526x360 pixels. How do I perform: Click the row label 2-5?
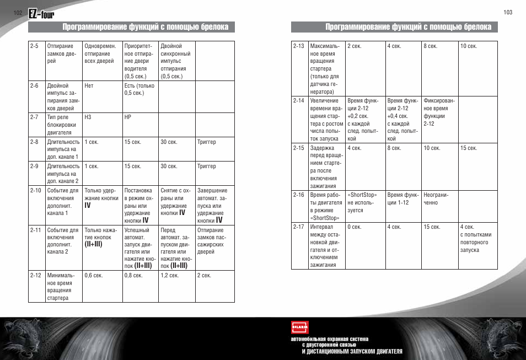tap(34, 46)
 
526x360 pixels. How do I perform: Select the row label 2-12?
tap(35, 275)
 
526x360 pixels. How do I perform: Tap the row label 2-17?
tap(298, 227)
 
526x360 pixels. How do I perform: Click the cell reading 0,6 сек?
tap(94, 275)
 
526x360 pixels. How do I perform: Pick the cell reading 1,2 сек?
tap(168, 275)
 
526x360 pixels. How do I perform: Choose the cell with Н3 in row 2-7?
tap(88, 117)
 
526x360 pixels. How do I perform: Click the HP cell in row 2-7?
tap(128, 117)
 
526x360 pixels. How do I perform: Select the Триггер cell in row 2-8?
tap(206, 142)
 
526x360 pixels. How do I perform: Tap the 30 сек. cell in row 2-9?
tap(169, 166)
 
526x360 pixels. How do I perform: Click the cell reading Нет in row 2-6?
tap(89, 85)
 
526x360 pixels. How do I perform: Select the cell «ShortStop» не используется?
tap(362, 202)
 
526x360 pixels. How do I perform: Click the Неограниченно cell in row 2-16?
tap(436, 198)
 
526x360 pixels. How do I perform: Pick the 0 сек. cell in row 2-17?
tap(354, 227)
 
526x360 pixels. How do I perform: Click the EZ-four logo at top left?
tap(41, 15)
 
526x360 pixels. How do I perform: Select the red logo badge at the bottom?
tap(299, 327)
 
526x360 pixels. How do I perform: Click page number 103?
tap(508, 12)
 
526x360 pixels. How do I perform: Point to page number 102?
tap(18, 12)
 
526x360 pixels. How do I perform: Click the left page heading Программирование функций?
tap(146, 26)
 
